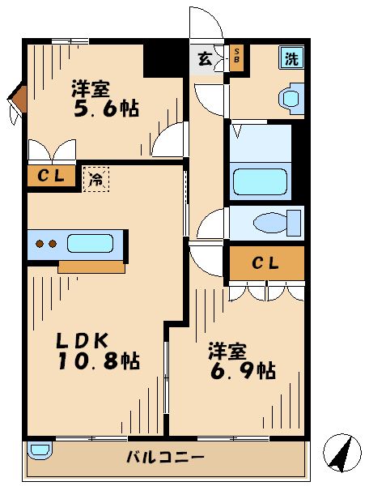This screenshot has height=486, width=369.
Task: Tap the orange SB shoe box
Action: [x=237, y=58]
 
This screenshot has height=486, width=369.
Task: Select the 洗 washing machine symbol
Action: [x=291, y=58]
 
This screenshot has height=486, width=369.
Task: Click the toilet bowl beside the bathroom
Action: [x=272, y=222]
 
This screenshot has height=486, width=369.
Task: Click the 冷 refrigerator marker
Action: [x=95, y=178]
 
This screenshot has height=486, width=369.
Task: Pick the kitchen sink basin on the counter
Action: [x=91, y=243]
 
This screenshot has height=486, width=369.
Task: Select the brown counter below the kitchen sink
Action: [x=91, y=266]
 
